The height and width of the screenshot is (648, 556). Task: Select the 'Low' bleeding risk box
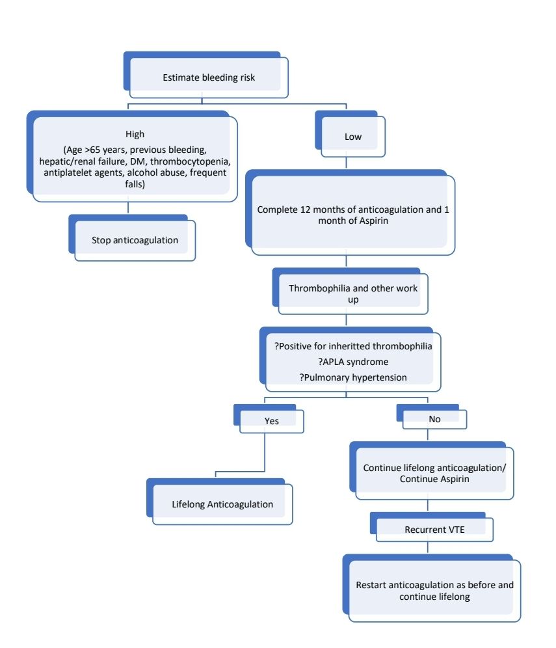tap(353, 137)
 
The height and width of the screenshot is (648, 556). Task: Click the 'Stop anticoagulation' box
tap(135, 240)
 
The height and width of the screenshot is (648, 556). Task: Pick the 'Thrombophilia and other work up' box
tap(351, 293)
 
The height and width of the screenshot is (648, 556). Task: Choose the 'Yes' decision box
tap(271, 421)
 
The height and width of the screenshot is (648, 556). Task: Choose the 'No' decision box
tap(434, 419)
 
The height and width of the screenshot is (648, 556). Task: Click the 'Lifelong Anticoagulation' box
tap(222, 504)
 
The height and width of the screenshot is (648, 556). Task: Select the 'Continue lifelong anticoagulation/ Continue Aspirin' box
tap(434, 473)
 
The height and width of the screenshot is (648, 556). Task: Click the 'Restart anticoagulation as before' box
tap(434, 590)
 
